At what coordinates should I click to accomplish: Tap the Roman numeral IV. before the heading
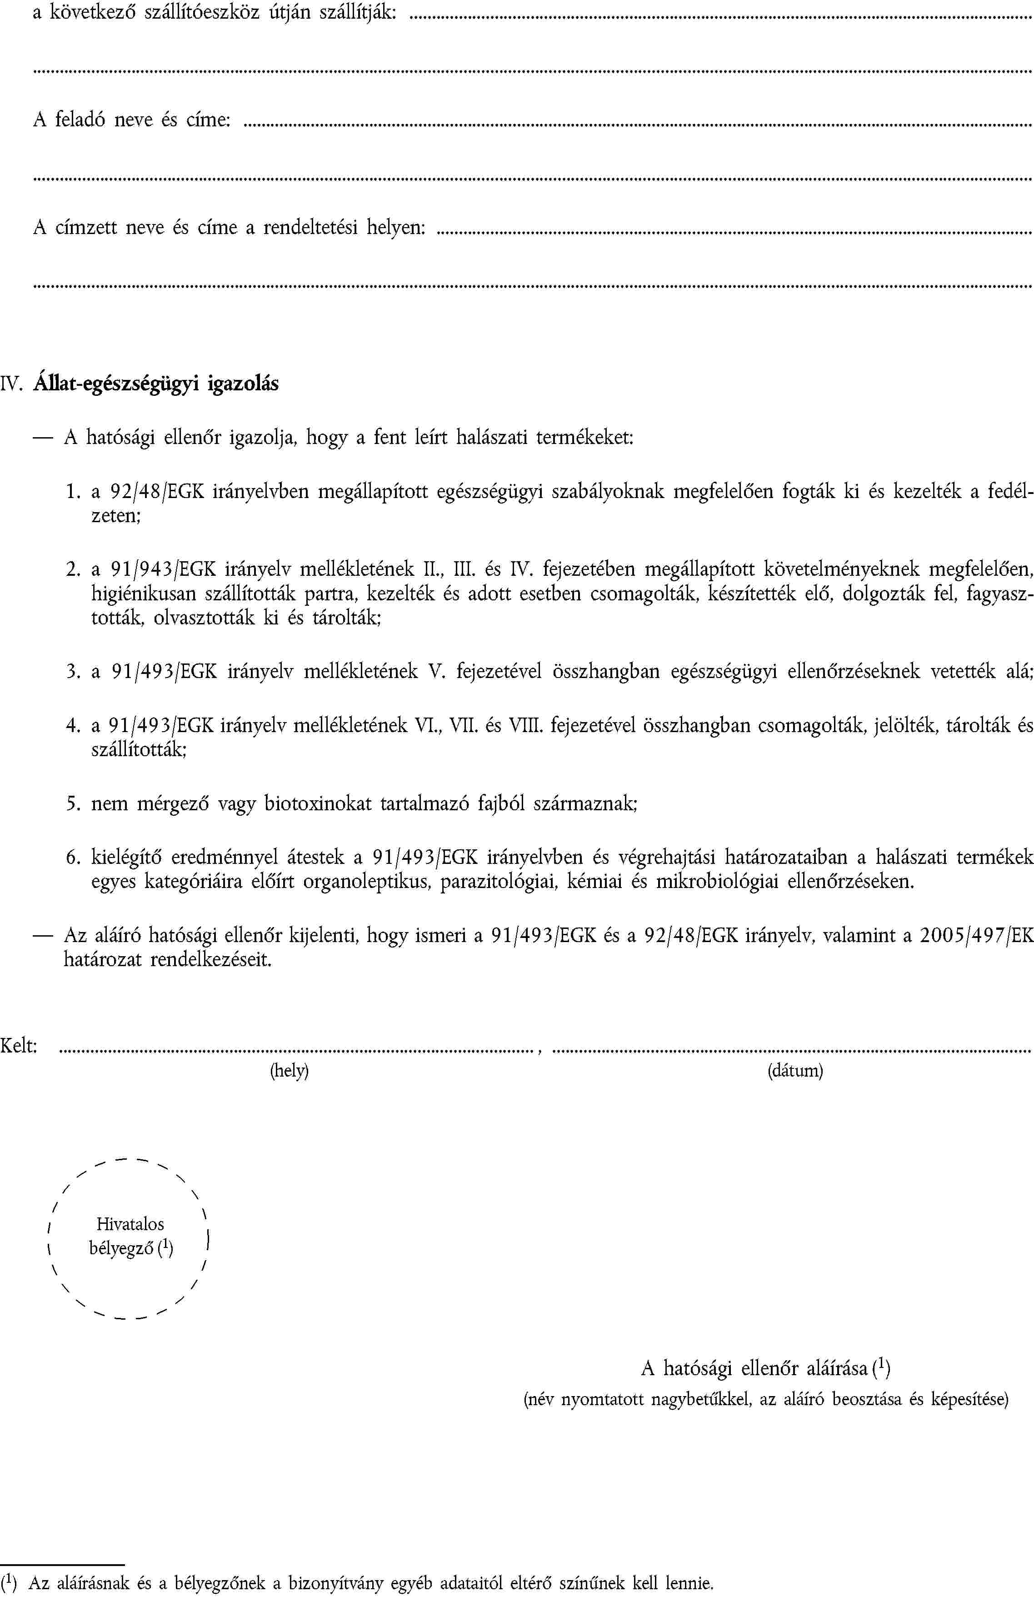pyautogui.click(x=13, y=384)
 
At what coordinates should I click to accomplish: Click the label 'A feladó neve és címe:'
pyautogui.click(x=132, y=120)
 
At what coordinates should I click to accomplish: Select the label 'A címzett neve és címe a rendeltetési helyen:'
pyautogui.click(x=229, y=228)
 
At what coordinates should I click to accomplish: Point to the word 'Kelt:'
pyautogui.click(x=19, y=1045)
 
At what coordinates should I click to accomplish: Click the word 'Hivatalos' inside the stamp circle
pyautogui.click(x=130, y=1224)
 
